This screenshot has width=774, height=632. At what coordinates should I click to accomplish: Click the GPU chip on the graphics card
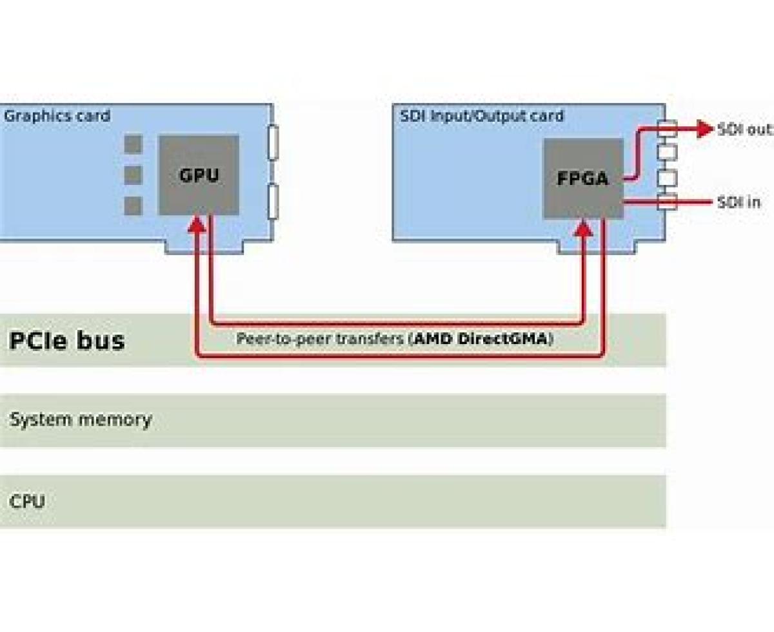[199, 175]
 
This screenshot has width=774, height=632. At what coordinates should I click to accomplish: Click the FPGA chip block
[583, 178]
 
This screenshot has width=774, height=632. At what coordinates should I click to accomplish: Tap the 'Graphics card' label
[57, 116]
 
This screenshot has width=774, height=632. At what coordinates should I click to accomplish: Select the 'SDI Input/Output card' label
[481, 116]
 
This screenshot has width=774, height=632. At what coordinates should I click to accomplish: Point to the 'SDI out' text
[744, 129]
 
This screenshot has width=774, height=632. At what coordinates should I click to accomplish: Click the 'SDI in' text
[739, 202]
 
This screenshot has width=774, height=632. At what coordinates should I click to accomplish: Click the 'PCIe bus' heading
[66, 340]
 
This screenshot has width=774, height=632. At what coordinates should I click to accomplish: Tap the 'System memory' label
[81, 419]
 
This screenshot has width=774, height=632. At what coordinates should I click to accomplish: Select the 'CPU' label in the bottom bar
[27, 501]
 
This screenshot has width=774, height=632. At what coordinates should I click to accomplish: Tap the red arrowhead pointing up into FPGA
[583, 227]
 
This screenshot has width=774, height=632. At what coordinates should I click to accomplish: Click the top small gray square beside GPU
[133, 144]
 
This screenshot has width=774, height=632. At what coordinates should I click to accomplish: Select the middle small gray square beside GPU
[133, 175]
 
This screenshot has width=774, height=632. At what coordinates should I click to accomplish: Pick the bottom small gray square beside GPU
[133, 206]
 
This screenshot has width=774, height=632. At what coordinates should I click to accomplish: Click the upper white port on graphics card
[273, 142]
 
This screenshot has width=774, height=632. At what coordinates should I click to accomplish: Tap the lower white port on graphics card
[273, 200]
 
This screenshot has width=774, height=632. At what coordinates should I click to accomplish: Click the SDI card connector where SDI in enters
[667, 202]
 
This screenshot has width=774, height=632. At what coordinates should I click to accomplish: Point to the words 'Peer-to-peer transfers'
[321, 339]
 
